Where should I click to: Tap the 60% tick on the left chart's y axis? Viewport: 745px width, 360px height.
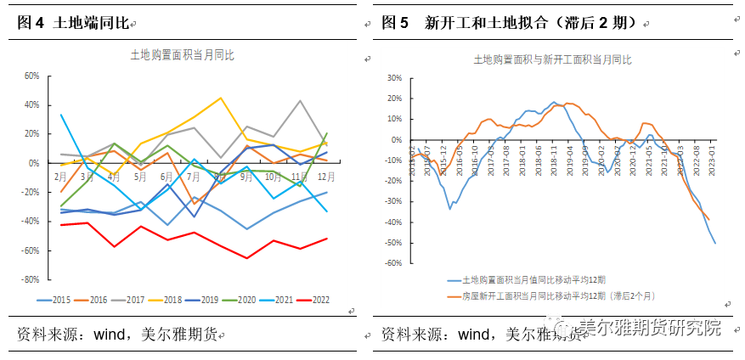(x=31, y=76)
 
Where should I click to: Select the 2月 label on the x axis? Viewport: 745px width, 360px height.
(x=61, y=177)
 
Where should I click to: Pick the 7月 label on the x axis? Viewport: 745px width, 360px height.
(x=194, y=177)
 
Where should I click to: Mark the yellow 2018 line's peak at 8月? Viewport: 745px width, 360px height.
(x=221, y=98)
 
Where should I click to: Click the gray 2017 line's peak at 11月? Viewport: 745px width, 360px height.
(x=300, y=101)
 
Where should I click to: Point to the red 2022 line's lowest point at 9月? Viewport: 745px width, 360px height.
(x=247, y=258)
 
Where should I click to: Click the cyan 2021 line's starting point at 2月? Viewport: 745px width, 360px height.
(x=61, y=115)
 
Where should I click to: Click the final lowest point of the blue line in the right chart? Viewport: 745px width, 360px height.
(x=714, y=244)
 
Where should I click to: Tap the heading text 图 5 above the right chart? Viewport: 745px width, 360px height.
(x=396, y=23)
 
